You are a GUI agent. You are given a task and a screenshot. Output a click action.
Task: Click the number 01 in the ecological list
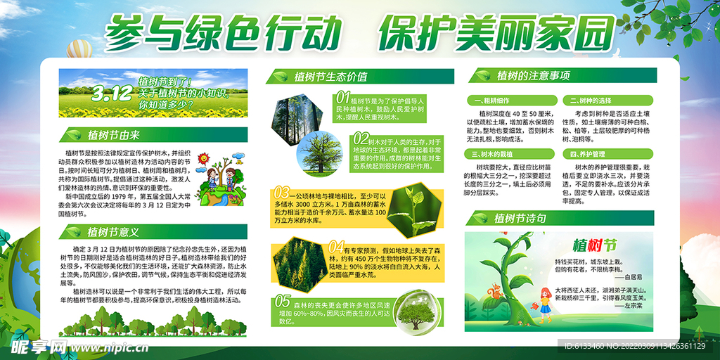click(x=342, y=96)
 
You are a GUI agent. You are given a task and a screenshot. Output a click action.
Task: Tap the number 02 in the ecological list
click(x=359, y=137)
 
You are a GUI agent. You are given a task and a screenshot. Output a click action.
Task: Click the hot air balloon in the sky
click(x=76, y=49)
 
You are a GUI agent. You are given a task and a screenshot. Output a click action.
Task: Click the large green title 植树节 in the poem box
click(x=595, y=246)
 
